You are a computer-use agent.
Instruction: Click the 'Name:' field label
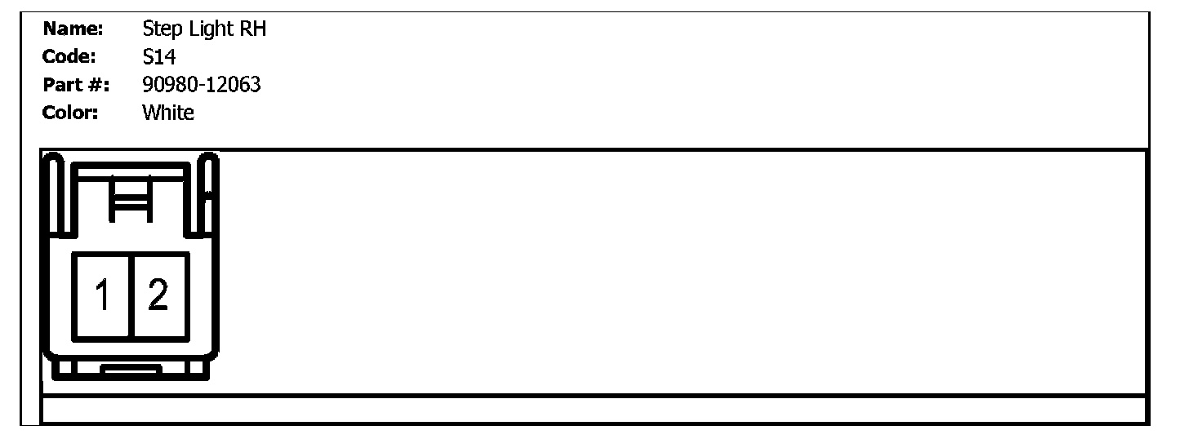(73, 30)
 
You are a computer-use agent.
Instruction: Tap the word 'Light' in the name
(210, 30)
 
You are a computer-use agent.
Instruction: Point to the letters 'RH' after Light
(253, 30)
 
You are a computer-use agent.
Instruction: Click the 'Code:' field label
(69, 57)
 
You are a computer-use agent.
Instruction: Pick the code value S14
(158, 57)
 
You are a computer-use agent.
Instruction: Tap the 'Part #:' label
(76, 85)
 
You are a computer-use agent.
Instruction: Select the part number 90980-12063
(202, 85)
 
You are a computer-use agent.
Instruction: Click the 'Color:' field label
(70, 113)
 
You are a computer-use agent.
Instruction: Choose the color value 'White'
(168, 113)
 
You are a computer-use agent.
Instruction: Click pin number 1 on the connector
(102, 295)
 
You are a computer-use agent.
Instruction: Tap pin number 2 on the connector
(158, 295)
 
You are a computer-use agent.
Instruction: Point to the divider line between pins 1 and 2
(131, 295)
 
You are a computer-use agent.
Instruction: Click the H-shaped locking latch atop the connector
(131, 198)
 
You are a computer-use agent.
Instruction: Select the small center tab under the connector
(131, 372)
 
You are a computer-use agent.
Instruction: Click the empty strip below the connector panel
(594, 410)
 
